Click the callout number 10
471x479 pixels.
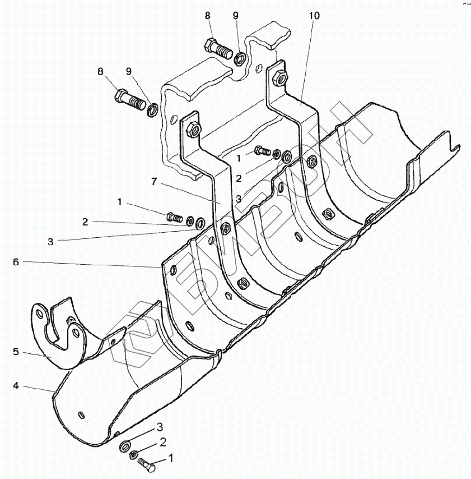pos(314,16)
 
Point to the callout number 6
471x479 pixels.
pos(16,262)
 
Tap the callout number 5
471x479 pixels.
pos(16,352)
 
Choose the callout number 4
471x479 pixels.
pos(16,386)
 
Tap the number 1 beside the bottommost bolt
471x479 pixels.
pos(171,458)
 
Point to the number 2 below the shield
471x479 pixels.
pos(162,442)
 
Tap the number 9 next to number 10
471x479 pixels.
pos(235,16)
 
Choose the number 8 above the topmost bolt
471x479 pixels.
pos(208,16)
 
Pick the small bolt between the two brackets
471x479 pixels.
pos(261,150)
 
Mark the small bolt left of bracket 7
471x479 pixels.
pos(174,215)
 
